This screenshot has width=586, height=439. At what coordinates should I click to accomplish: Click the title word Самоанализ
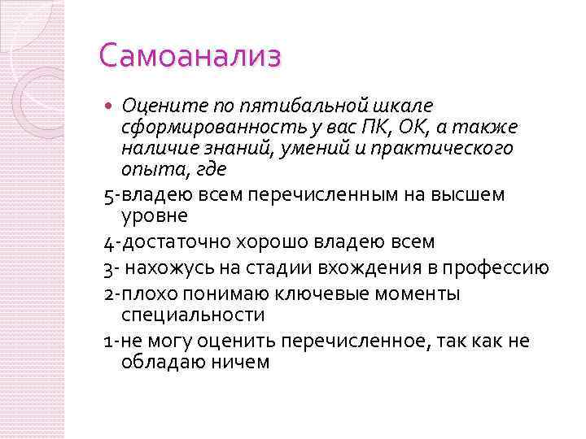click(x=190, y=57)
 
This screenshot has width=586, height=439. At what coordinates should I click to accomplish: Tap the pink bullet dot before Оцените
click(x=112, y=105)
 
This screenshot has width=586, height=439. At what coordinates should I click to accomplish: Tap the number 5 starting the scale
click(x=110, y=195)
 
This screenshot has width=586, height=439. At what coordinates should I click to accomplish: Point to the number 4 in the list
click(x=110, y=241)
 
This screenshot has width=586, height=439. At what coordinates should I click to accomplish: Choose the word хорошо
click(x=273, y=241)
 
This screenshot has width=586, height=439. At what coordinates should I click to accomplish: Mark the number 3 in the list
click(x=110, y=267)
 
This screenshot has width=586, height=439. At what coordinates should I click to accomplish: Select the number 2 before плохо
click(x=110, y=293)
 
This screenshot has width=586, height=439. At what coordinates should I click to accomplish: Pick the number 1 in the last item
click(x=108, y=341)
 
